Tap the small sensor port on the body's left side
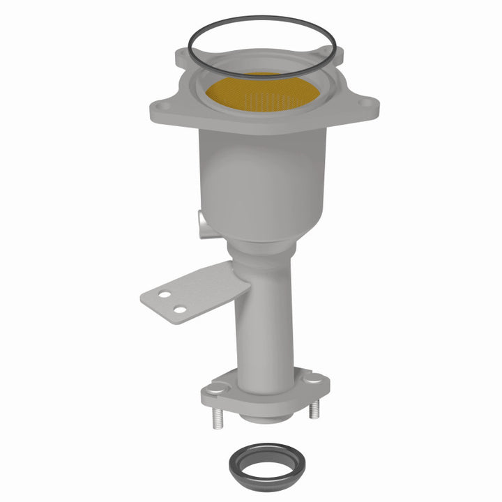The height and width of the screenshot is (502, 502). pyautogui.click(x=201, y=224)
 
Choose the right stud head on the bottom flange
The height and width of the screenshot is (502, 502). pyautogui.click(x=315, y=379)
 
